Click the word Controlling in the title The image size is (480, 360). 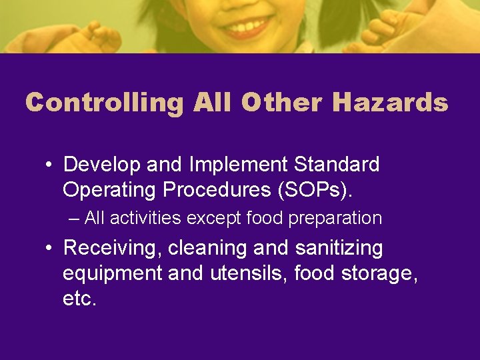(105, 102)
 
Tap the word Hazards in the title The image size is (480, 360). (390, 102)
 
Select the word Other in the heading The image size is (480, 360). (283, 102)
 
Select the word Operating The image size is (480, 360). (110, 189)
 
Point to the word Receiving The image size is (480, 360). (112, 249)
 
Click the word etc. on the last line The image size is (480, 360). (79, 298)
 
